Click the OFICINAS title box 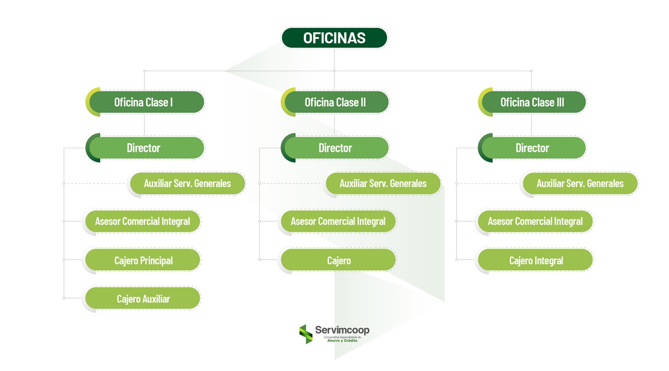point(334,38)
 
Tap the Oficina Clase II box point(335,102)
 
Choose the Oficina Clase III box point(532,102)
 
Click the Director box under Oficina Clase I point(144,148)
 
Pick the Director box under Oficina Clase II point(335,148)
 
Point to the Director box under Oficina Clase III point(532,148)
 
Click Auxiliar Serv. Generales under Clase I point(187,183)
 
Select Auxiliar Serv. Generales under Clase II point(383,183)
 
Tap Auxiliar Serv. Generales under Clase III point(580,183)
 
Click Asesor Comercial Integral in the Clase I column point(142,221)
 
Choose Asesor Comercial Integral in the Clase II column point(338,221)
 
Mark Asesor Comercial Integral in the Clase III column point(535,221)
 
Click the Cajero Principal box point(143,260)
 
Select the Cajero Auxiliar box point(143,299)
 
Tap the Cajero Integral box point(536,260)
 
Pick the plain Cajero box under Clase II point(338,260)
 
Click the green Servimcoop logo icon point(306,334)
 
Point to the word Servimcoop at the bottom point(342,330)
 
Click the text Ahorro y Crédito point(342,340)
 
